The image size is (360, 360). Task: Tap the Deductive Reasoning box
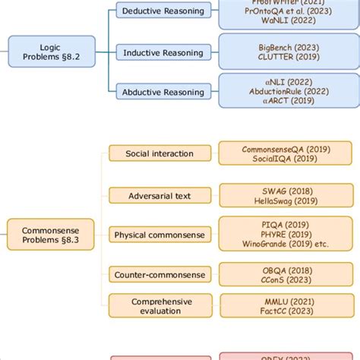point(163,11)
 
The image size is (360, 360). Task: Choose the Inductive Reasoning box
point(163,52)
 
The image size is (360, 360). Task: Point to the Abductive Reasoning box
point(163,93)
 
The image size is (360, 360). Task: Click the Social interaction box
point(159,153)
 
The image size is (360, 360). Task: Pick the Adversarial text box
point(159,195)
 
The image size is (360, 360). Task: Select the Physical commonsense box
point(159,235)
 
